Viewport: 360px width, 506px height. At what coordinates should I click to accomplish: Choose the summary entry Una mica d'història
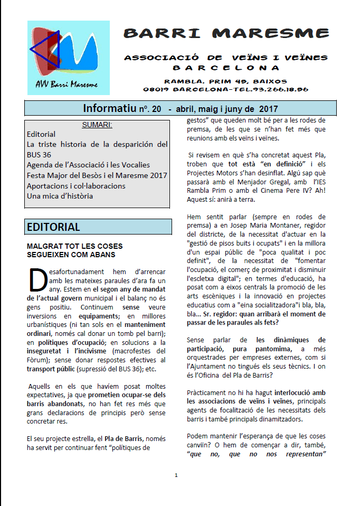pos(60,196)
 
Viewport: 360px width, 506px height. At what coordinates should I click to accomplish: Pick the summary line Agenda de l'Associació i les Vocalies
pos(88,165)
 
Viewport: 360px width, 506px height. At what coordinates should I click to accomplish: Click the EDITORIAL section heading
pos(53,227)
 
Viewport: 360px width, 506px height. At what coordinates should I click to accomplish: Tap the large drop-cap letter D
pos(37,278)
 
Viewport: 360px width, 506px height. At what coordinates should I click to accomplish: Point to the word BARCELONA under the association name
pos(226,68)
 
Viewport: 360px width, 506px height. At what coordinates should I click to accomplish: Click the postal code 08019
pos(155,90)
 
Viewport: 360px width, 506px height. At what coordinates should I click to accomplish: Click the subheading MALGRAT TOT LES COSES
pos(74,246)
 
